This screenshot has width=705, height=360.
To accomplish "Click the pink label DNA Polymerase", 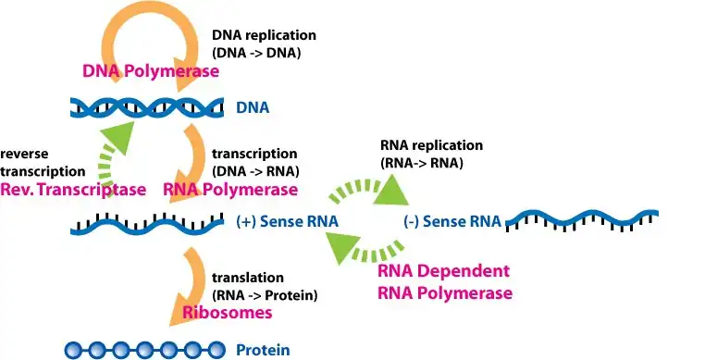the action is [x=151, y=70].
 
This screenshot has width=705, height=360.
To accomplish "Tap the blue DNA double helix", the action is [x=147, y=107].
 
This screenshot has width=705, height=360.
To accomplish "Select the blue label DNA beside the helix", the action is [x=253, y=107].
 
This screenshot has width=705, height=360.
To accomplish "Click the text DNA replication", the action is [x=264, y=35].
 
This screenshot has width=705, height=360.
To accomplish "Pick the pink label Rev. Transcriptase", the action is [x=73, y=190].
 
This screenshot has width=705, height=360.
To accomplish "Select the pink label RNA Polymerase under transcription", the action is [x=230, y=190].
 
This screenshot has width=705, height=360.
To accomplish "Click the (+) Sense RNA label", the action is [x=288, y=221].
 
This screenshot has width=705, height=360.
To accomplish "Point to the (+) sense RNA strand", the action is [x=147, y=224].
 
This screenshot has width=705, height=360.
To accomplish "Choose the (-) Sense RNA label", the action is [x=452, y=221].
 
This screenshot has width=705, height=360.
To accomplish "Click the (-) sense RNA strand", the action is [x=582, y=219].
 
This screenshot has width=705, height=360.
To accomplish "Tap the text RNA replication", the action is [x=432, y=145].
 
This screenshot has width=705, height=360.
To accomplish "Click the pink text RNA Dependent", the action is [x=444, y=271].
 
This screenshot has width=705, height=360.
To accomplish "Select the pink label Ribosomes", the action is [x=228, y=312].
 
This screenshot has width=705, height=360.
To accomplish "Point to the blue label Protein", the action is [x=263, y=350].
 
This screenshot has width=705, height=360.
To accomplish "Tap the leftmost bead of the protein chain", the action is [x=73, y=350].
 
